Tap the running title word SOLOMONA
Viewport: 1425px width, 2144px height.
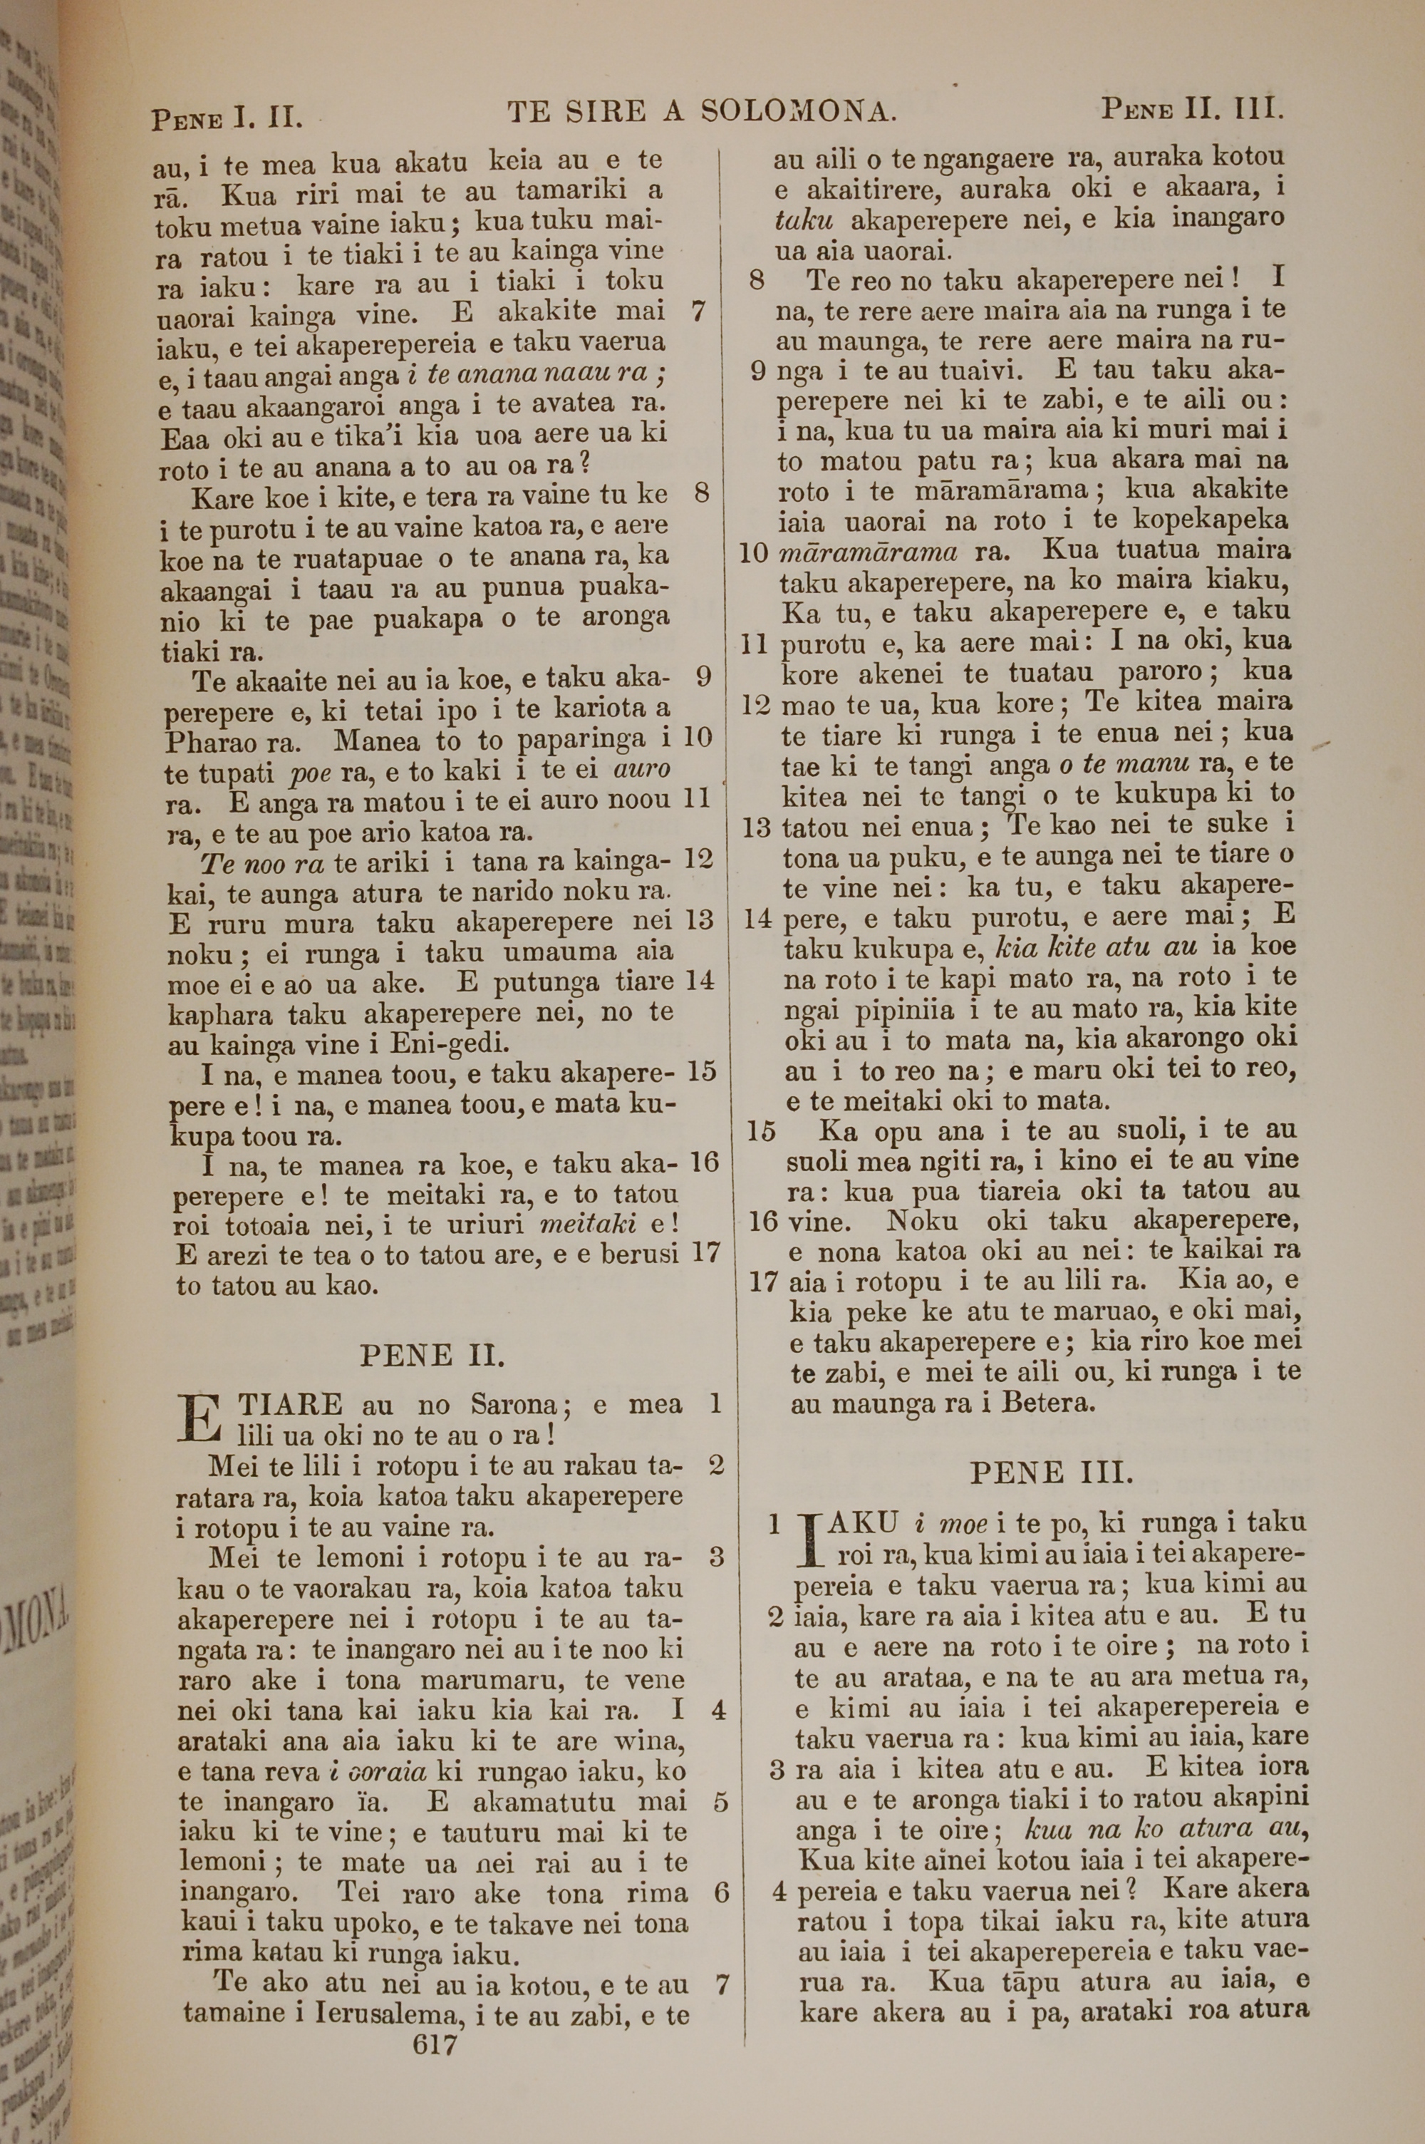click(799, 112)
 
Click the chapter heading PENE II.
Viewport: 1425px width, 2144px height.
click(432, 1356)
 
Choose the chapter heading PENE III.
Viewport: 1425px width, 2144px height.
click(1052, 1471)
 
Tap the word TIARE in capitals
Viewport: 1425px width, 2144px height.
click(290, 1405)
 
